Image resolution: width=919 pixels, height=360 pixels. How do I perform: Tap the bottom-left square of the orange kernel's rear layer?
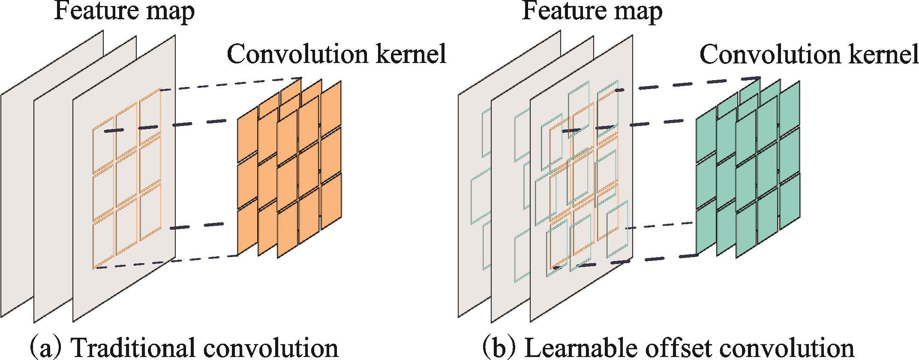247,231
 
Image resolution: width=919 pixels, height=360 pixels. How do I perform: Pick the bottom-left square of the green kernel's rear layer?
706,231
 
